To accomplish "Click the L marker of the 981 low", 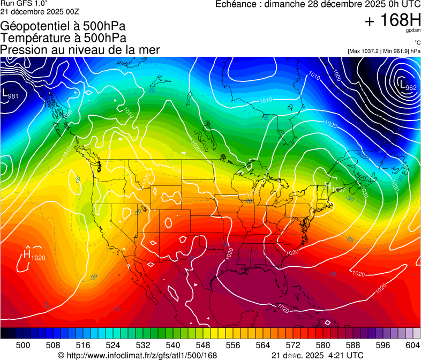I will pyautogui.click(x=6, y=94).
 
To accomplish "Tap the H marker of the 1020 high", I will pyautogui.click(x=26, y=254).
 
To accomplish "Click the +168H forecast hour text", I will pyautogui.click(x=393, y=21).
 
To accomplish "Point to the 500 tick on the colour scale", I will pyautogui.click(x=23, y=345).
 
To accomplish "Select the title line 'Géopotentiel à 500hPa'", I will pyautogui.click(x=63, y=26).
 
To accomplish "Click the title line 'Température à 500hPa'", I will pyautogui.click(x=63, y=38).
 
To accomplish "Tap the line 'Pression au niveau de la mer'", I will pyautogui.click(x=80, y=50).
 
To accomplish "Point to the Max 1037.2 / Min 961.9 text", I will pyautogui.click(x=384, y=51).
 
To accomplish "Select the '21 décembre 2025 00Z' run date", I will pyautogui.click(x=37, y=12).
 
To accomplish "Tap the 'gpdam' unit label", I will pyautogui.click(x=413, y=31).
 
